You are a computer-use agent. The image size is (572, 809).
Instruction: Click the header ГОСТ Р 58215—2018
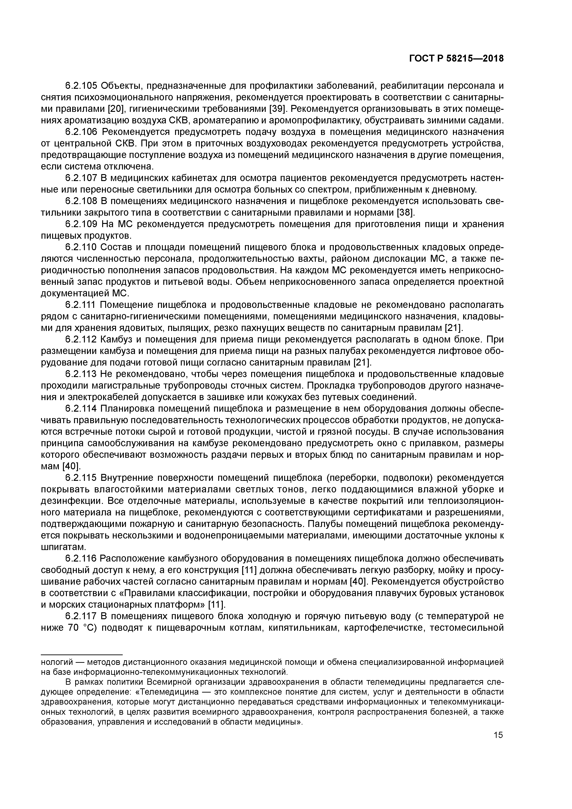click(456, 59)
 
